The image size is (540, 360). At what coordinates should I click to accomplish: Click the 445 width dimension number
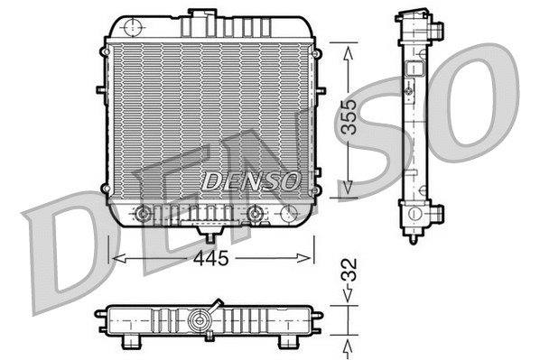(x=209, y=258)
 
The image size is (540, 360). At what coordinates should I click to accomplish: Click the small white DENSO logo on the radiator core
(x=250, y=180)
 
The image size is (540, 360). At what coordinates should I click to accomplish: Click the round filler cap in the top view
(x=200, y=319)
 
